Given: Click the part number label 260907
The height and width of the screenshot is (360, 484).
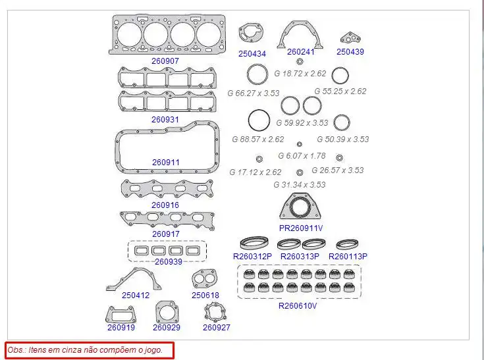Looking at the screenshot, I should (165, 61).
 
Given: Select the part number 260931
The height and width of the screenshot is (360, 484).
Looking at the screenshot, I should (165, 119).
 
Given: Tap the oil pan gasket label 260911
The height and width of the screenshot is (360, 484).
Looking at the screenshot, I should (166, 162).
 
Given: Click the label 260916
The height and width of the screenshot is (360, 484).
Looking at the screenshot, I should (165, 205).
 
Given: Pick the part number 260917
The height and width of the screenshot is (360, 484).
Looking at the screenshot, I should (166, 234).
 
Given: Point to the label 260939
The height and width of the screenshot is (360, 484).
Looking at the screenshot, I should (169, 261).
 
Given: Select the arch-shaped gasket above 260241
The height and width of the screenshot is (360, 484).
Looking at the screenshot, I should (300, 35).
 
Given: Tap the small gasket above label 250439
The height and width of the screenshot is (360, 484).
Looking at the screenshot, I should (350, 38).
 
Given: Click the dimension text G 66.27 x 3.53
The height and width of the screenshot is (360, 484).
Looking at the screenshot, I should (254, 93).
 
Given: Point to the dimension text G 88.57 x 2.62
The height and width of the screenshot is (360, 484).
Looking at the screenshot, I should (258, 140).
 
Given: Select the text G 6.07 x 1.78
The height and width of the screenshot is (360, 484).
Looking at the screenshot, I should (302, 156).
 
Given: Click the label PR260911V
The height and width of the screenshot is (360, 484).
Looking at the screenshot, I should (301, 228).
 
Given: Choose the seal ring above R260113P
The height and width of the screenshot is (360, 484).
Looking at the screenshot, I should (347, 244).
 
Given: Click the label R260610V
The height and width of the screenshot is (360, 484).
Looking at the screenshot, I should (298, 305).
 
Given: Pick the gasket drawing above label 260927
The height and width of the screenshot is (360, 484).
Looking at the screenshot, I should (215, 313).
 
